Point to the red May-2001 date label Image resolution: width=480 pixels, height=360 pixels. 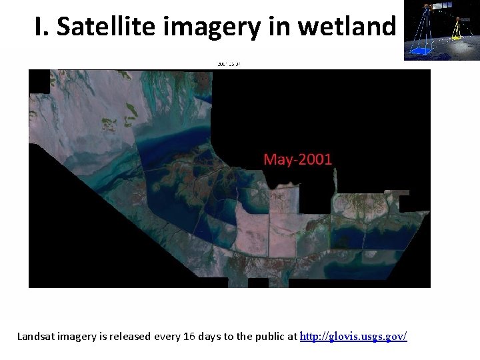(x=297, y=159)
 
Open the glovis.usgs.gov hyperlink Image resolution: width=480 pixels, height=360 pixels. (x=353, y=337)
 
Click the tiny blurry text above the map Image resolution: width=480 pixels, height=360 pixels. (x=228, y=64)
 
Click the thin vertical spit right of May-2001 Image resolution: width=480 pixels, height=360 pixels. (x=337, y=179)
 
